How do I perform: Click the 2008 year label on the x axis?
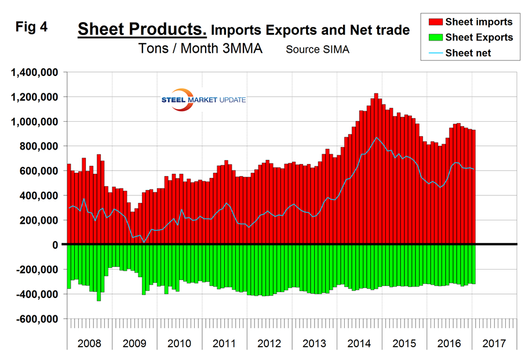89,343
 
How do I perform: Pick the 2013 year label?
302,343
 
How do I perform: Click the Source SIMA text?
318,49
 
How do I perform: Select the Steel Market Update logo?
203,100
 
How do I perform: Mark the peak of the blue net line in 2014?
376,137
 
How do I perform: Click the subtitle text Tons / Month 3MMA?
200,49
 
